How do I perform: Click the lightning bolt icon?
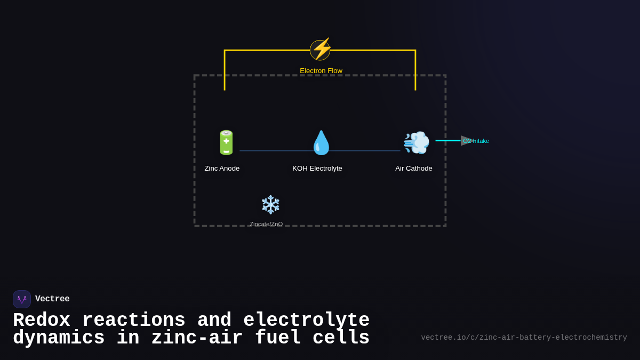[321, 50]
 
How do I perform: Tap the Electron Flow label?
[321, 71]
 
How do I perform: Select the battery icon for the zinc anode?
[226, 143]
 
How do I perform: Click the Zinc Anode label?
[222, 169]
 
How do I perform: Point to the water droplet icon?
[321, 143]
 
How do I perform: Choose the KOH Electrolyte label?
[317, 169]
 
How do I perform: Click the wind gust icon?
[416, 143]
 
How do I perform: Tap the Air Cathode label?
[414, 169]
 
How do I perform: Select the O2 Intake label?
[476, 141]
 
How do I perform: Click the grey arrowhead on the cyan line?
[466, 141]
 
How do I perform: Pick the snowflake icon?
[270, 205]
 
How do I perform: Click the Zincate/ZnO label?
[266, 224]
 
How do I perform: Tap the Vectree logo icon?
[22, 299]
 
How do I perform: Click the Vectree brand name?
[52, 299]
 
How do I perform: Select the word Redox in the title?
[42, 321]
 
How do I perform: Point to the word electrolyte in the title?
[307, 321]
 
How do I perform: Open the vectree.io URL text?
[524, 338]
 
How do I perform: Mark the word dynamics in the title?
[59, 338]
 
